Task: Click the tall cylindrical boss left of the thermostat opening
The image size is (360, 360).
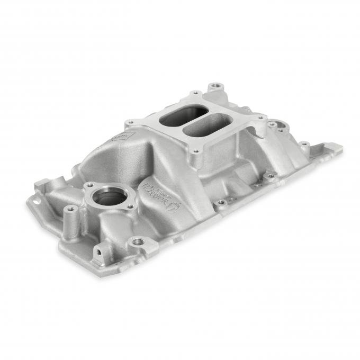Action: coord(70,214)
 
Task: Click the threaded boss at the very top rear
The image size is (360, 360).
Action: coord(214,86)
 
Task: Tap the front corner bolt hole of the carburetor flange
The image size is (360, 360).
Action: coord(196,151)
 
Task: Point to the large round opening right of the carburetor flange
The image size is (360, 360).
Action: coord(279,127)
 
